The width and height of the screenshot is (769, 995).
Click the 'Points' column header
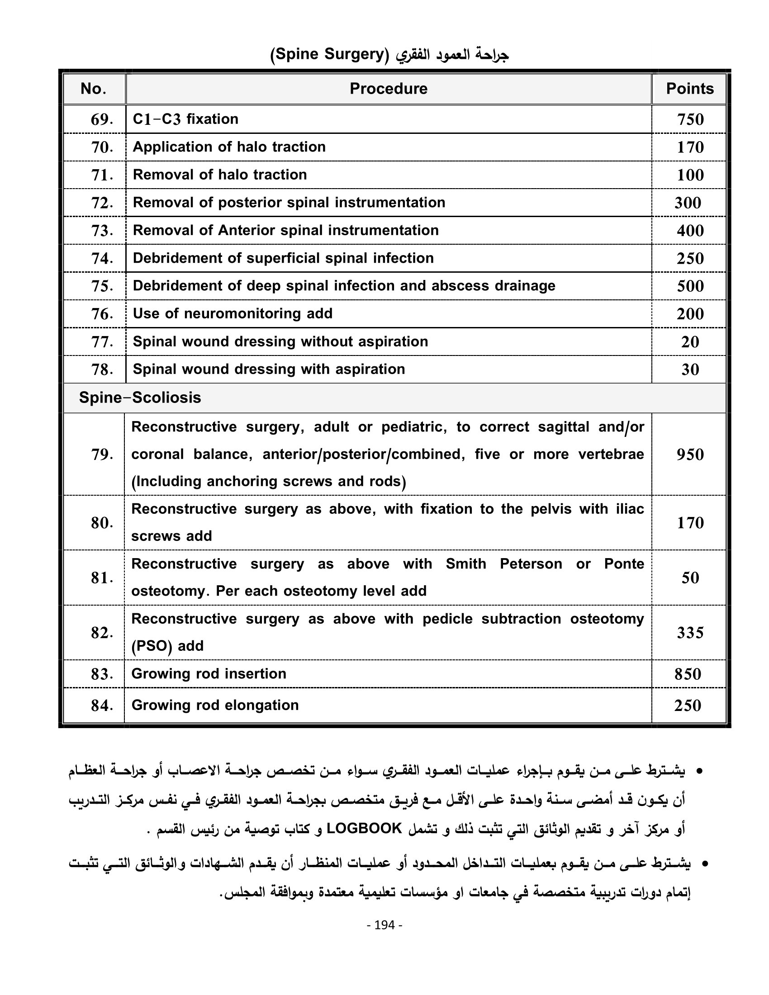[x=689, y=88]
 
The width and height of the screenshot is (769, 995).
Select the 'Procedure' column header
[x=388, y=88]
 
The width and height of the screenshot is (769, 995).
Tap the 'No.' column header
[x=93, y=88]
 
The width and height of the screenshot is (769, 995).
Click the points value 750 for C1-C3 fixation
[x=690, y=119]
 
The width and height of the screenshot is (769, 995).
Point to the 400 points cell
[x=690, y=231]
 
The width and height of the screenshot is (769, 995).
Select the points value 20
[x=690, y=341]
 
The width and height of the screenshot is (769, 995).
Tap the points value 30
[x=690, y=370]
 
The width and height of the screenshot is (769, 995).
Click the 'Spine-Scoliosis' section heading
[x=140, y=398]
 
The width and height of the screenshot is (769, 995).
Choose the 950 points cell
[x=690, y=454]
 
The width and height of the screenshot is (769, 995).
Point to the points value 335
[x=690, y=632]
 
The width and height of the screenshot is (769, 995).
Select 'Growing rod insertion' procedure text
[x=209, y=673]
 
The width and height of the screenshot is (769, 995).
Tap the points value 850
[x=688, y=674]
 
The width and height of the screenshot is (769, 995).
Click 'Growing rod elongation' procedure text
[x=215, y=705]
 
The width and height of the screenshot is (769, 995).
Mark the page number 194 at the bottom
[x=384, y=925]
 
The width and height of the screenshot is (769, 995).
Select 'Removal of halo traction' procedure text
[x=219, y=175]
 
